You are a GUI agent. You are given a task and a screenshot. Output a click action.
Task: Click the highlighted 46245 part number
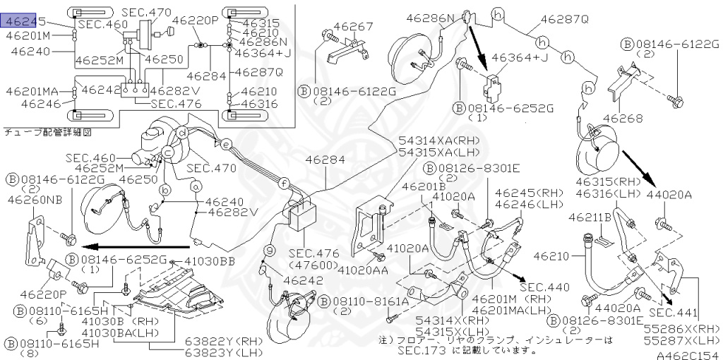pyautogui.click(x=23, y=21)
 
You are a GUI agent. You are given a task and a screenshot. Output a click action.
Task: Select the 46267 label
pyautogui.click(x=354, y=27)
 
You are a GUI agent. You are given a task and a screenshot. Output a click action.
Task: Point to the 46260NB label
pyautogui.click(x=35, y=199)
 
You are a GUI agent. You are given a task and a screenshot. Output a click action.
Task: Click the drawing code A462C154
pyautogui.click(x=689, y=355)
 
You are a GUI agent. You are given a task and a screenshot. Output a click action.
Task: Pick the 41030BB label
pyautogui.click(x=210, y=261)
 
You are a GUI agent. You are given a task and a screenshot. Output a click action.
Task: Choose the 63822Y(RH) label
pyautogui.click(x=224, y=342)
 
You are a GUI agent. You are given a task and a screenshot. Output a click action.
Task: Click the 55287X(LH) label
pyautogui.click(x=682, y=341)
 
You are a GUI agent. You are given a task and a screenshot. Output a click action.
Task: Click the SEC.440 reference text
pyautogui.click(x=539, y=287)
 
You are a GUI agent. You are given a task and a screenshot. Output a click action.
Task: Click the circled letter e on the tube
pyautogui.click(x=226, y=144)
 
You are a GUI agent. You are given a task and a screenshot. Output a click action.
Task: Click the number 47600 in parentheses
pyautogui.click(x=313, y=265)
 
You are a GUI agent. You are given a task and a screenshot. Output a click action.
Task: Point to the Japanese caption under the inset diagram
pyautogui.click(x=47, y=133)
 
